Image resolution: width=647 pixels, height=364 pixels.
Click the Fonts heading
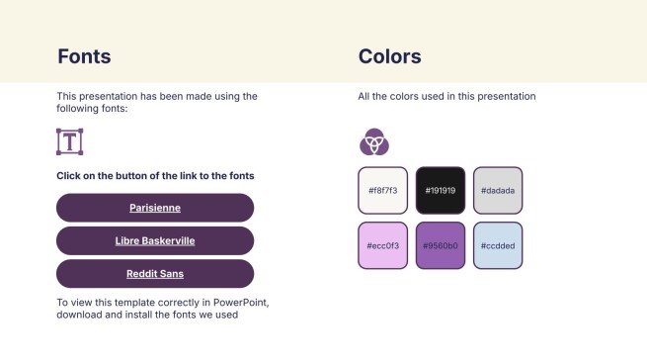(x=84, y=56)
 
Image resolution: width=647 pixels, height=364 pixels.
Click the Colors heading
(x=389, y=56)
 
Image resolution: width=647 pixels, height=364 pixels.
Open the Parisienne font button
(x=155, y=208)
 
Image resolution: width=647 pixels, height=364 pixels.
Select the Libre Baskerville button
(x=155, y=240)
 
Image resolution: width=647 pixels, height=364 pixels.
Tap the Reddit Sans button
(x=155, y=274)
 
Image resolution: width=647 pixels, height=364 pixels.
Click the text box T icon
(x=69, y=141)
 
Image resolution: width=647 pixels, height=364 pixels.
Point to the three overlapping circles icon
(x=373, y=142)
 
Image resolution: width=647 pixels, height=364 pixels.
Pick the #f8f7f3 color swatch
(x=382, y=190)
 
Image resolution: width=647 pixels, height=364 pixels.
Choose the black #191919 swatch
(x=441, y=190)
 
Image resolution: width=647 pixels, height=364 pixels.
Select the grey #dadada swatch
(x=498, y=190)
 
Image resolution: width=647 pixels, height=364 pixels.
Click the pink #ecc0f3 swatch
(x=382, y=245)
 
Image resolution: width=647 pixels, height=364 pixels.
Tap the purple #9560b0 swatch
(x=441, y=245)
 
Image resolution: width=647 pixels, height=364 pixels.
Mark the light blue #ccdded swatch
(x=498, y=245)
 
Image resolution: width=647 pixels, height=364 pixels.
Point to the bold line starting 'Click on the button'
(x=155, y=175)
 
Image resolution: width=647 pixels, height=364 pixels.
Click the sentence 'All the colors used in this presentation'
(x=446, y=97)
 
